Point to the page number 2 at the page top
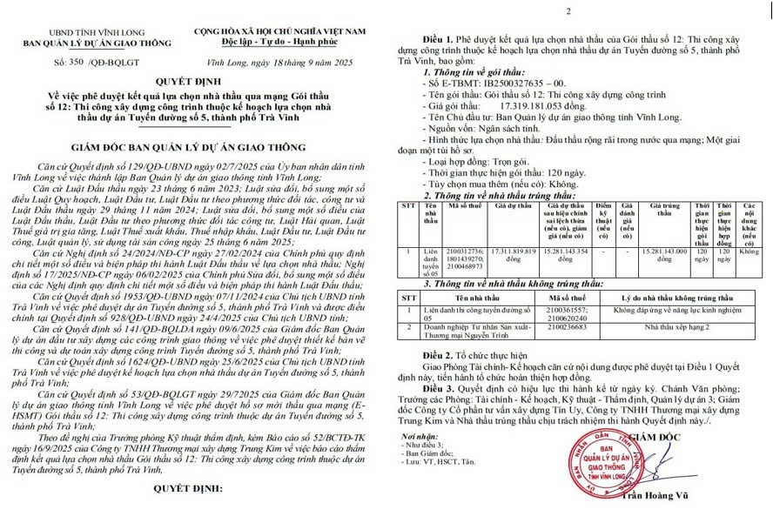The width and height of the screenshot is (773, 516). point(568,11)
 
